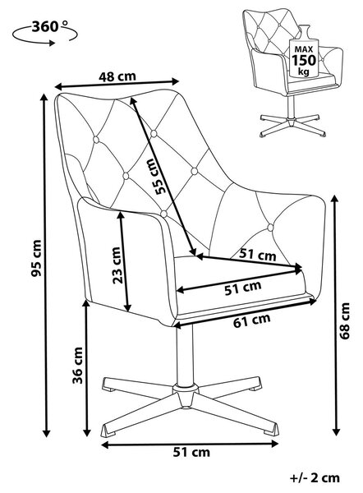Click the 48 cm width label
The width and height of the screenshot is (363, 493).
click(117, 76)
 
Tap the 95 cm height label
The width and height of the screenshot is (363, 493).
click(36, 258)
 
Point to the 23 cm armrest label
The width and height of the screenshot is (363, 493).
click(116, 265)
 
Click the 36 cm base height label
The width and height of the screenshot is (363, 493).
click(78, 366)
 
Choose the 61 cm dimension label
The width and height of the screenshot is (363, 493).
click(252, 320)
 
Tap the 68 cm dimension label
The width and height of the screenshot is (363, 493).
click(344, 320)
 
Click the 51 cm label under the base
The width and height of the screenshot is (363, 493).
click(191, 452)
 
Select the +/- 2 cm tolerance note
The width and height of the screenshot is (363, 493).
click(315, 478)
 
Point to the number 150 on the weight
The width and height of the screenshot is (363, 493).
click(303, 60)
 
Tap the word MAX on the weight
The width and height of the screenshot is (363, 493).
click(304, 49)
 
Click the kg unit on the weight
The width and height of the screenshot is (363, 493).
click(304, 71)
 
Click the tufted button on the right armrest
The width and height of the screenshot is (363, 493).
click(270, 228)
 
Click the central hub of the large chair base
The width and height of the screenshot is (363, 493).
click(184, 394)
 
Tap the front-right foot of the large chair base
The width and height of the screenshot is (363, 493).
click(270, 429)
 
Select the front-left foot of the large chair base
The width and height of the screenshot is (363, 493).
click(109, 431)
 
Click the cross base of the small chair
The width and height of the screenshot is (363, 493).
click(292, 123)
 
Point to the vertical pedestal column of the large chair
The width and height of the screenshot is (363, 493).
click(184, 355)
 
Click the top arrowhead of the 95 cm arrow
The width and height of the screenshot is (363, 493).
click(44, 97)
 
